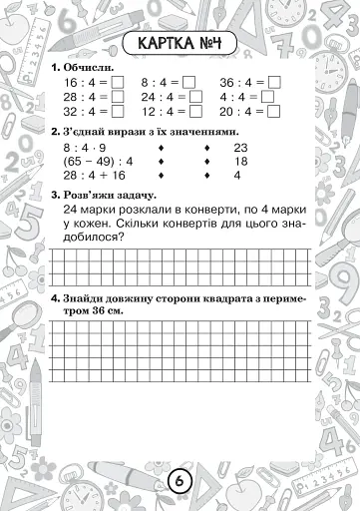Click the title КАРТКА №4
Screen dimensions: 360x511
pyautogui.click(x=180, y=43)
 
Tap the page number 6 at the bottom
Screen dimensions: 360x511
pyautogui.click(x=180, y=481)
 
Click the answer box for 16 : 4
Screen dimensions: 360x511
pyautogui.click(x=118, y=83)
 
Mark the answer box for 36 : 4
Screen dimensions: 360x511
pyautogui.click(x=274, y=83)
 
